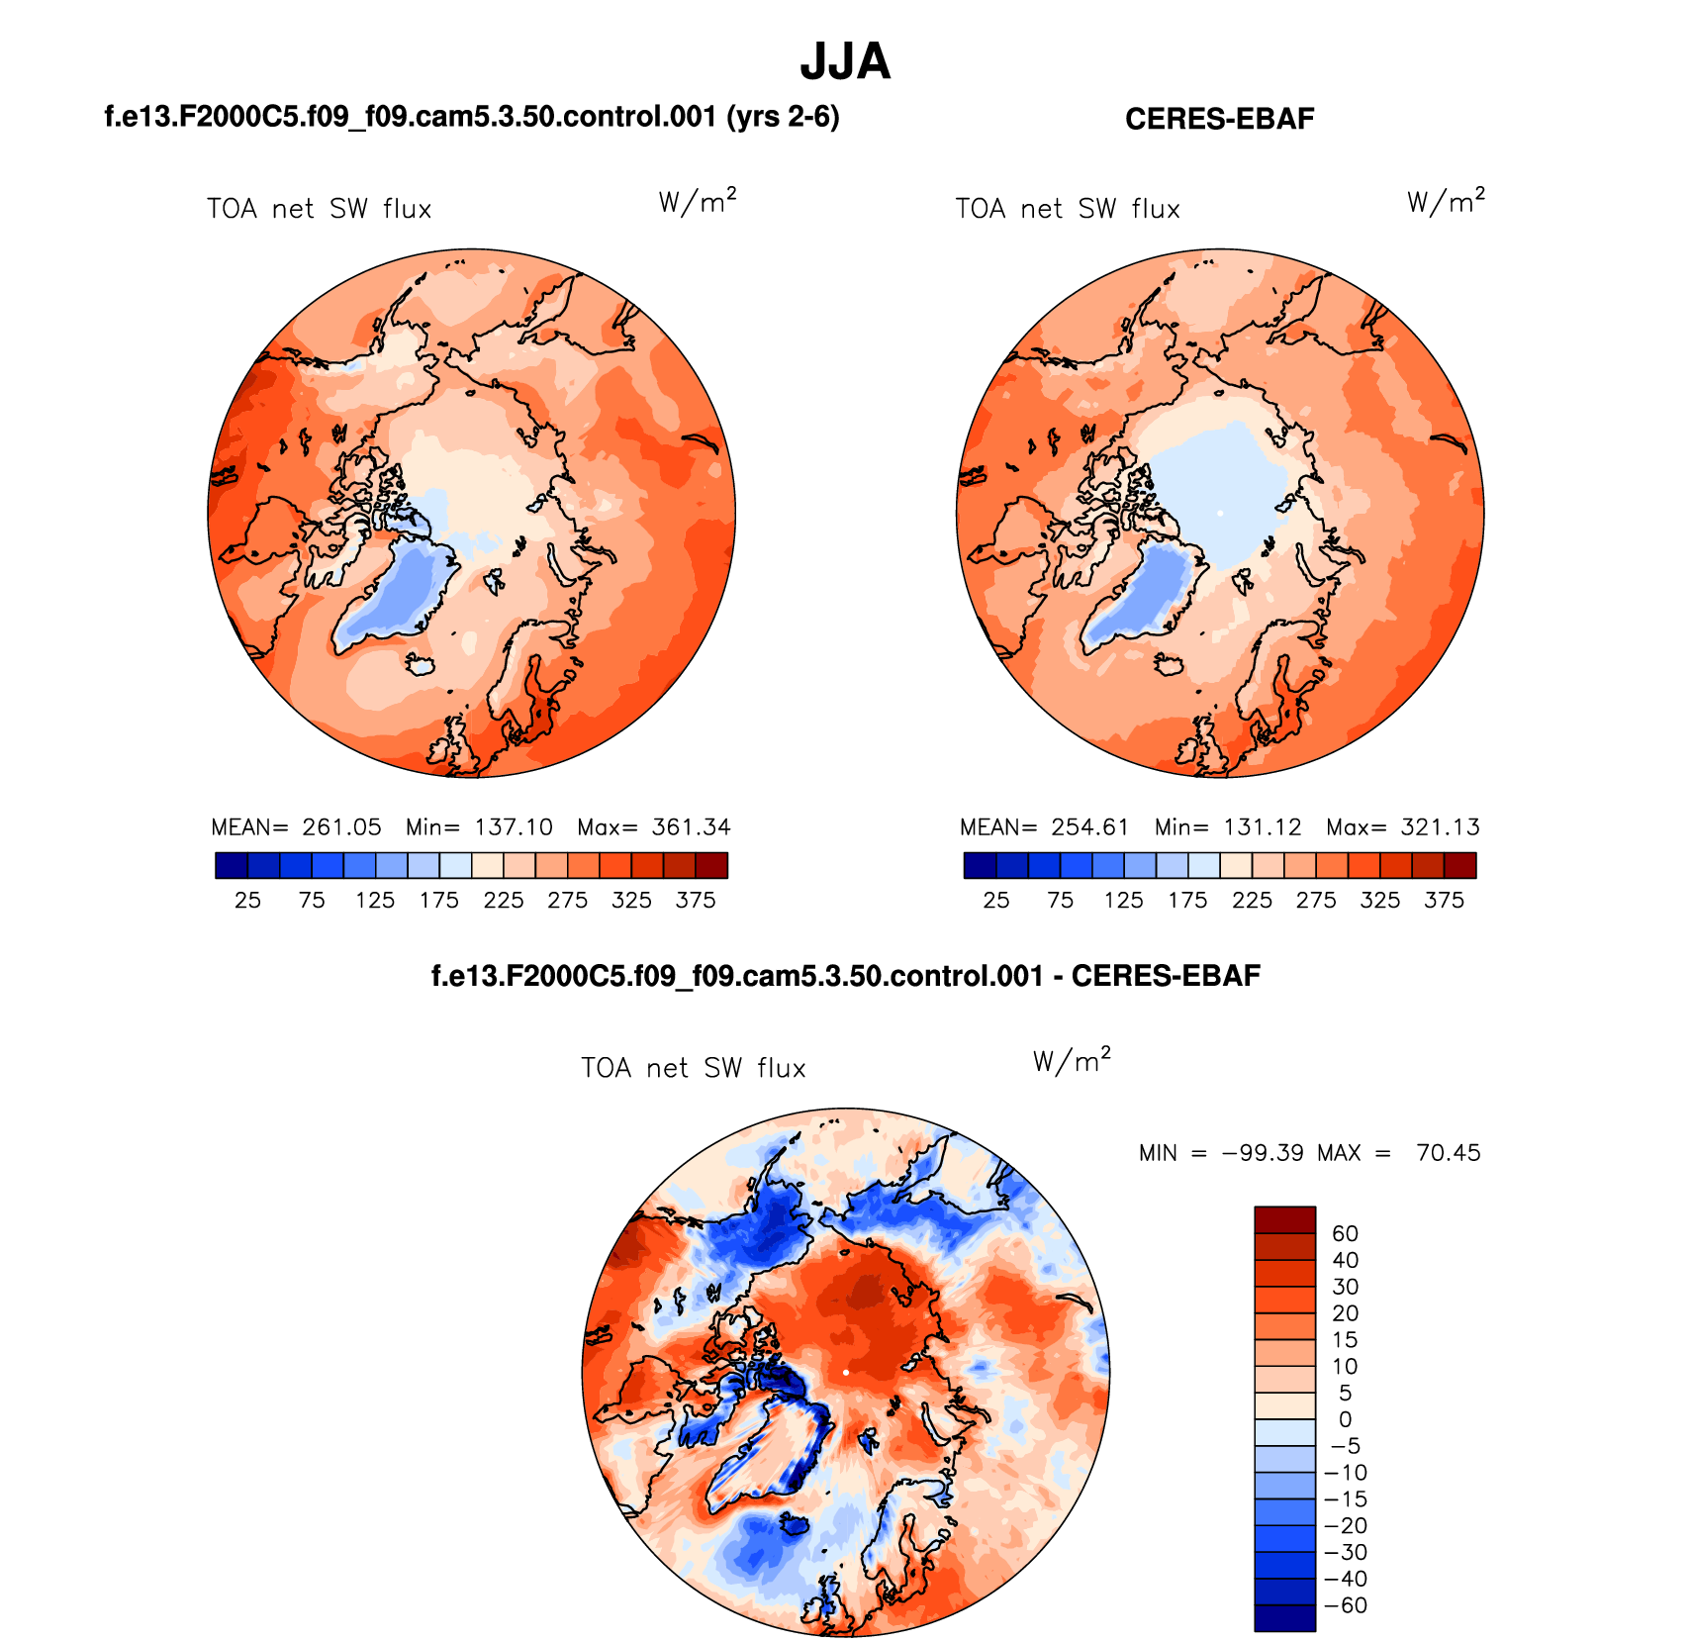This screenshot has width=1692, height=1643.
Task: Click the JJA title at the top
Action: point(845,61)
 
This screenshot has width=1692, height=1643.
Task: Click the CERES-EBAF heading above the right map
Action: point(1219,119)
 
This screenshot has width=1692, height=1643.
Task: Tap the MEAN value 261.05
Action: point(341,827)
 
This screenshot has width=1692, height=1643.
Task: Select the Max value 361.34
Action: point(691,827)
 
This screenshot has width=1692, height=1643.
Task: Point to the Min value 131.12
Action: point(1262,827)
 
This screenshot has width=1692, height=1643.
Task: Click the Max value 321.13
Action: point(1440,827)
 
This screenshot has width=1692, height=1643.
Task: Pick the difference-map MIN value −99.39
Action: point(1263,1153)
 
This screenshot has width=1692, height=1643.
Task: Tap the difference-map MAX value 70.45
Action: point(1448,1153)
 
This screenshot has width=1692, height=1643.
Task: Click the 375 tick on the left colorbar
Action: point(696,901)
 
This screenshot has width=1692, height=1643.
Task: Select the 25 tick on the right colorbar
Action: point(996,901)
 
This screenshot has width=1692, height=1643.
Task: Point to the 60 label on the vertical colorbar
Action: point(1345,1233)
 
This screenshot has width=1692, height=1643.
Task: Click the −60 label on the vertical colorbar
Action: point(1345,1605)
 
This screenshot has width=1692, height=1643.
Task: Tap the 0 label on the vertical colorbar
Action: point(1345,1419)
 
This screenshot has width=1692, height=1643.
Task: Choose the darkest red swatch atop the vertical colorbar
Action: point(1284,1218)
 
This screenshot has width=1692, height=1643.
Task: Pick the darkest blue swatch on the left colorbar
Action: point(231,866)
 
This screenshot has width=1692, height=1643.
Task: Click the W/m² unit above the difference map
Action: point(1072,1061)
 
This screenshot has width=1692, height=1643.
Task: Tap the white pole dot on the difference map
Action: point(846,1373)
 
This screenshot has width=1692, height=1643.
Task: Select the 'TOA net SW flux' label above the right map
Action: point(1068,209)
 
